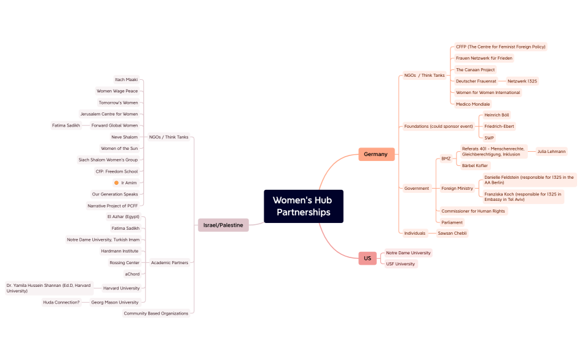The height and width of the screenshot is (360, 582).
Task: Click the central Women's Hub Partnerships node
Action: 303,206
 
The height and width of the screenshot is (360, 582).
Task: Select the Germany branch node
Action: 376,154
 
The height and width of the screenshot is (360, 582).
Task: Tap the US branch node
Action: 367,258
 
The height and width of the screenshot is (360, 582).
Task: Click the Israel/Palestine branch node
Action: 223,225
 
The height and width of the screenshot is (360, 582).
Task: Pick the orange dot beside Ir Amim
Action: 116,183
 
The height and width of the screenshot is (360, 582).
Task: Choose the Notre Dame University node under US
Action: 408,252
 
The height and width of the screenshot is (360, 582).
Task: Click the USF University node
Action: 400,264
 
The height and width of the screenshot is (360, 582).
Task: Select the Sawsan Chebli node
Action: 453,233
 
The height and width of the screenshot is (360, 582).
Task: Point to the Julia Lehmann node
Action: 551,151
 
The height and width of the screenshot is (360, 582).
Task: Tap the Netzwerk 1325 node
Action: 522,81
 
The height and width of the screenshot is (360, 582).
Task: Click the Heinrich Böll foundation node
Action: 497,115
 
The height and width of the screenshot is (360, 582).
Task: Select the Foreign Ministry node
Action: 457,189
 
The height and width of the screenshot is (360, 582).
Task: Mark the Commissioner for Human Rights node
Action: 473,211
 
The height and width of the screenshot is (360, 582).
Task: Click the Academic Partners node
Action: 170,263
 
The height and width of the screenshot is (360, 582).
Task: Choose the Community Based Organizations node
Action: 156,313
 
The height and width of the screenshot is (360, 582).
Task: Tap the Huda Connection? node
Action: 61,302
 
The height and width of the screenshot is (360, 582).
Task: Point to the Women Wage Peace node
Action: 117,91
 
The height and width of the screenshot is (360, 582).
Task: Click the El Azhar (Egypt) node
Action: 123,217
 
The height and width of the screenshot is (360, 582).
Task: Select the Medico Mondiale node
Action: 473,104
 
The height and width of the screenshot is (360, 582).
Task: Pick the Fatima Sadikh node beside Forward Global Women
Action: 66,125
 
